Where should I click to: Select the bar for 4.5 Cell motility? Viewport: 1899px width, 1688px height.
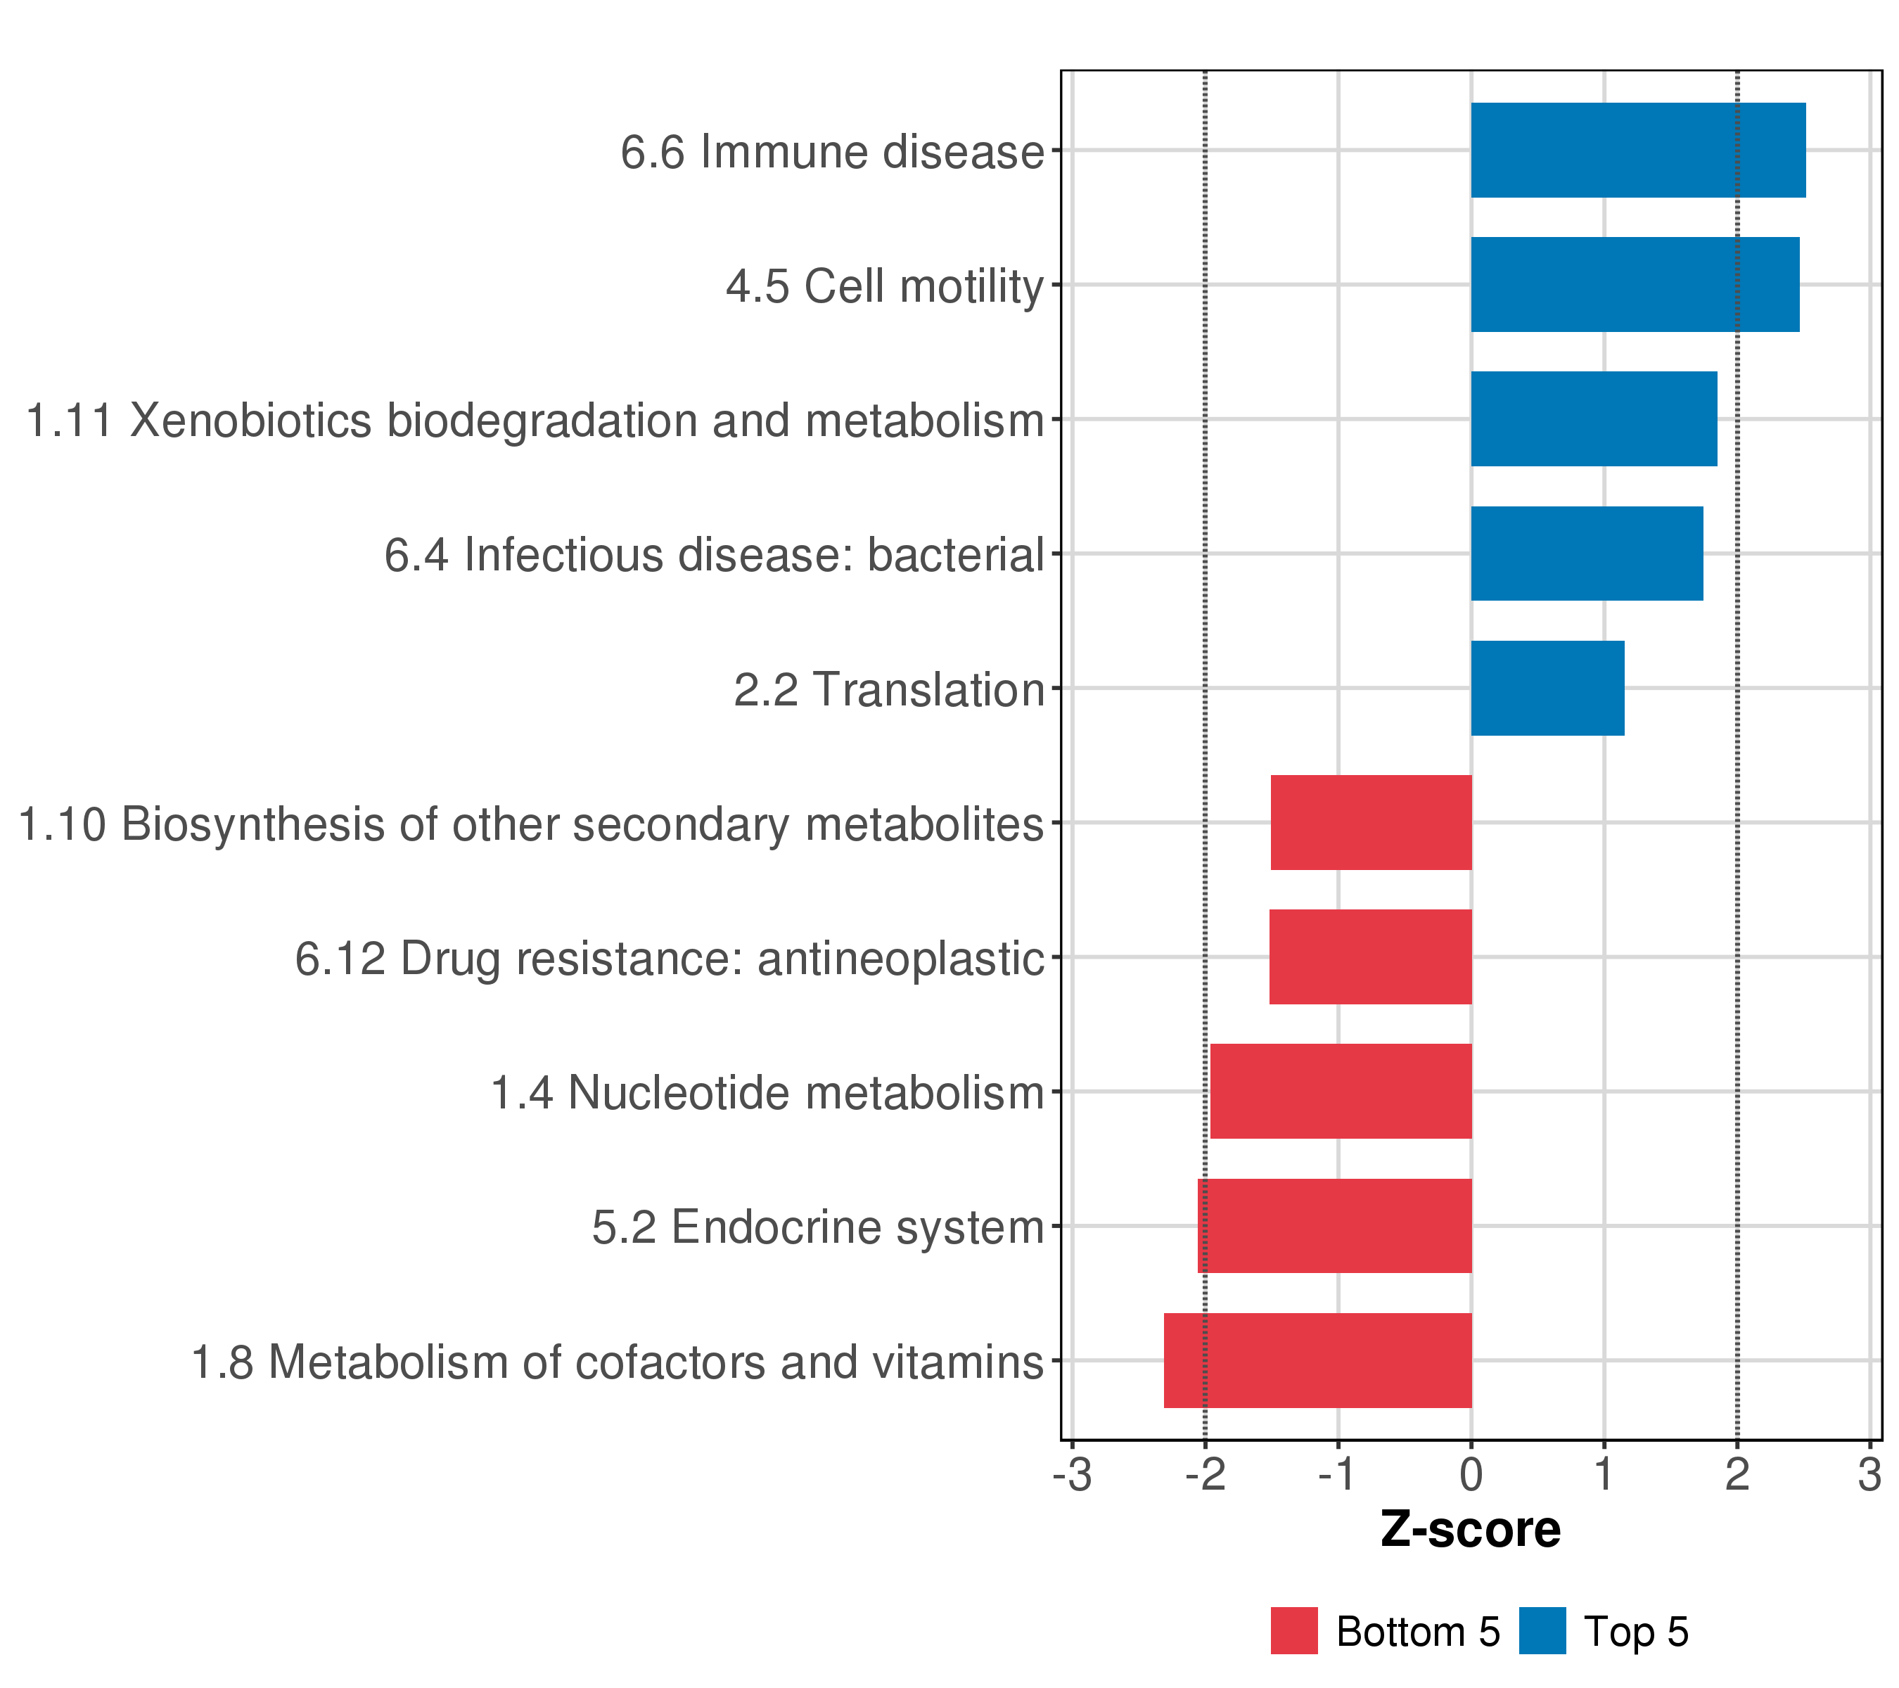(1635, 284)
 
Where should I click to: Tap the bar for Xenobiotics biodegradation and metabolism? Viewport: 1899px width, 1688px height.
(1593, 419)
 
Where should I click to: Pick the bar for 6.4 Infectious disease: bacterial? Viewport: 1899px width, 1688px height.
(1586, 554)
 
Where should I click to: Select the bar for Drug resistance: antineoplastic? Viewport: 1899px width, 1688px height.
(1369, 957)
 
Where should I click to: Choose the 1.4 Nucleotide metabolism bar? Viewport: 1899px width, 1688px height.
(1341, 1092)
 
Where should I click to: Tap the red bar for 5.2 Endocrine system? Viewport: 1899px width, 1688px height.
(1334, 1227)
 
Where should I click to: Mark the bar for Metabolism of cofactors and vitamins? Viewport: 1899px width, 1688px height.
(1317, 1360)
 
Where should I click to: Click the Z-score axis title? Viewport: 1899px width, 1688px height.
(1470, 1529)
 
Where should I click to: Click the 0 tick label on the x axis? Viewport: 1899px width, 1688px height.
(1471, 1476)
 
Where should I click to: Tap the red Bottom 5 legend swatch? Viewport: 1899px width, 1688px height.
(1294, 1630)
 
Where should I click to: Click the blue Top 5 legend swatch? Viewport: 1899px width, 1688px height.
(1542, 1630)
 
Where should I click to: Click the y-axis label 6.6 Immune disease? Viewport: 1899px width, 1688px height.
(831, 151)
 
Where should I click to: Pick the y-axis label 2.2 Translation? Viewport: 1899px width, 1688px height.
(888, 690)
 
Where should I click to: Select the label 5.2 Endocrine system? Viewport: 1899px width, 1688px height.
(817, 1227)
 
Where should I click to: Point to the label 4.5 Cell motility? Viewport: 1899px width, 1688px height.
(885, 286)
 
